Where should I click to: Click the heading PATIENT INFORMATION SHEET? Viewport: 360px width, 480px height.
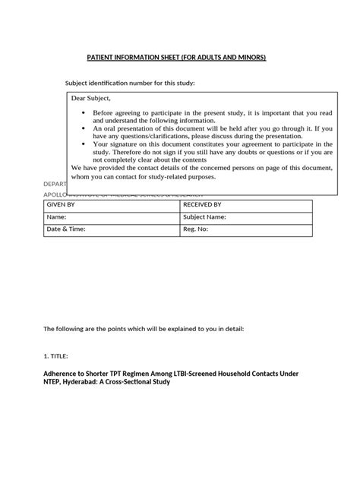point(179,58)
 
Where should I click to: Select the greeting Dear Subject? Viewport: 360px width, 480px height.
point(90,98)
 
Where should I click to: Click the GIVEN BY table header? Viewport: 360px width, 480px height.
point(62,204)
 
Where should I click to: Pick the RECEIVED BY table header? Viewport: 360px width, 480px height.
point(202,204)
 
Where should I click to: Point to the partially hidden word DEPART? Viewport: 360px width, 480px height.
point(54,185)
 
